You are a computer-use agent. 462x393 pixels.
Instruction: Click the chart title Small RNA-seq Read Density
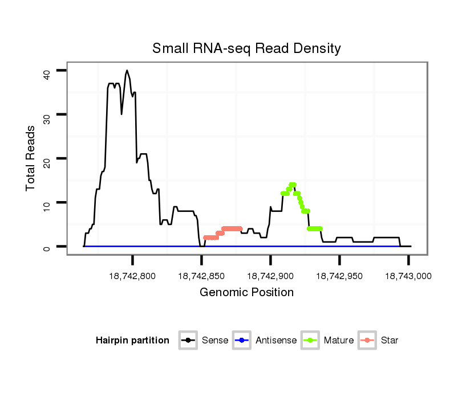click(x=246, y=48)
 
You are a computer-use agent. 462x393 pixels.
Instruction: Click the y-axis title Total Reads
click(x=31, y=158)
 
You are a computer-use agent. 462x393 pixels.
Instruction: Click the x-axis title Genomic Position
click(x=246, y=293)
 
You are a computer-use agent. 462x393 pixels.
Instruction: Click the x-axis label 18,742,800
click(x=132, y=276)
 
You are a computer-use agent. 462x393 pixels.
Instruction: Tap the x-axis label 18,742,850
click(x=201, y=276)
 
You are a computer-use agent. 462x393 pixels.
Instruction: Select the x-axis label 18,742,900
click(x=270, y=276)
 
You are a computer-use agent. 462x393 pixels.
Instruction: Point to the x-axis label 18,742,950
click(x=339, y=276)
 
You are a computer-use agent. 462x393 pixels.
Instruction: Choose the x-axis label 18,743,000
click(x=408, y=276)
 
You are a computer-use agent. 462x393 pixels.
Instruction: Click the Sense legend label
click(x=215, y=341)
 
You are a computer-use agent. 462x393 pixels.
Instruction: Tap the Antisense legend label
click(x=276, y=341)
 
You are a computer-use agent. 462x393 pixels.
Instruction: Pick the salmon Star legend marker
click(x=367, y=341)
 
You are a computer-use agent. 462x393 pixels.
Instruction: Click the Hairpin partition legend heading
click(x=132, y=341)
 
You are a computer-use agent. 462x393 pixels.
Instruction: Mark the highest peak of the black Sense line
click(x=127, y=71)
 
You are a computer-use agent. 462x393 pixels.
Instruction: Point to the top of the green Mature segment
click(x=293, y=185)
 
